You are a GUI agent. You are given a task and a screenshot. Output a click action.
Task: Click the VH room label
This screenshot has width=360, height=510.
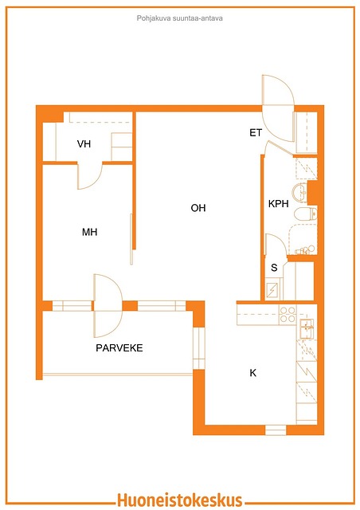(84, 143)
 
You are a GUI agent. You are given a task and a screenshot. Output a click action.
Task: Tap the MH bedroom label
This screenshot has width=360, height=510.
(89, 232)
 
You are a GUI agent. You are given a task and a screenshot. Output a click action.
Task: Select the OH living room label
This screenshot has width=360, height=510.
(198, 208)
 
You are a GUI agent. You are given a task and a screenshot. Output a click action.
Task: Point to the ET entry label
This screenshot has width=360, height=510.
(256, 133)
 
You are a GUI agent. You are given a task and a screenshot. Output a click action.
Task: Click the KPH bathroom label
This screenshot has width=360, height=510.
(279, 204)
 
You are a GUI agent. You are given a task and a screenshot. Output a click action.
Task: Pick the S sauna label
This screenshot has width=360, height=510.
(274, 268)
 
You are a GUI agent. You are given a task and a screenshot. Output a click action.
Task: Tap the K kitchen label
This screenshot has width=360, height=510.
(252, 373)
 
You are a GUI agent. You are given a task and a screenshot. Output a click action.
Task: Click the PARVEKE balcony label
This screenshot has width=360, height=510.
(119, 348)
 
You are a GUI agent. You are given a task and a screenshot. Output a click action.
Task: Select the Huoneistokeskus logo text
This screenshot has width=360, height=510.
(179, 500)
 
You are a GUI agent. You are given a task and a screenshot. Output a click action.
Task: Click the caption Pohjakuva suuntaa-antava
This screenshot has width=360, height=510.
(179, 18)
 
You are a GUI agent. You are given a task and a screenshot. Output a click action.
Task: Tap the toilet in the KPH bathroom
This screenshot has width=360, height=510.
(305, 214)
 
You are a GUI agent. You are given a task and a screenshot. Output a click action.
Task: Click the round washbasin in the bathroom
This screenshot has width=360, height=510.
(299, 191)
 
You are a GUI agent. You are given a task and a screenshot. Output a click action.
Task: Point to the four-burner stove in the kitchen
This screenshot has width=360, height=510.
(288, 315)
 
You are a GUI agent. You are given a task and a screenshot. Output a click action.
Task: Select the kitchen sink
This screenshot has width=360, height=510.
(307, 328)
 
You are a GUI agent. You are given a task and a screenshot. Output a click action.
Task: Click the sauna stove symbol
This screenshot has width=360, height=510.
(272, 290)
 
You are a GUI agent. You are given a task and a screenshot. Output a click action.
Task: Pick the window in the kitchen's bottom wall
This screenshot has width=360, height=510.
(276, 430)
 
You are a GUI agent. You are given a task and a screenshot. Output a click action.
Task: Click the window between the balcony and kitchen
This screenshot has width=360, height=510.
(198, 348)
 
